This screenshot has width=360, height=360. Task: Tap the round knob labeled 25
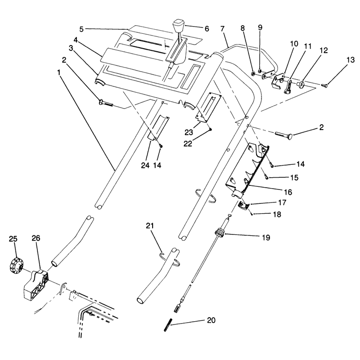[17, 266]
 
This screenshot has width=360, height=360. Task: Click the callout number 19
[266, 238]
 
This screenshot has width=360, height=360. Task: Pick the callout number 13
[351, 60]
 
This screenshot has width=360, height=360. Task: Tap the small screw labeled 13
[324, 85]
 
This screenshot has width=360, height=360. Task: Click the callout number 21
[150, 226]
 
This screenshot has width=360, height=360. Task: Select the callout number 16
[288, 192]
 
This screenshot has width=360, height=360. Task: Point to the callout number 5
[81, 29]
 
